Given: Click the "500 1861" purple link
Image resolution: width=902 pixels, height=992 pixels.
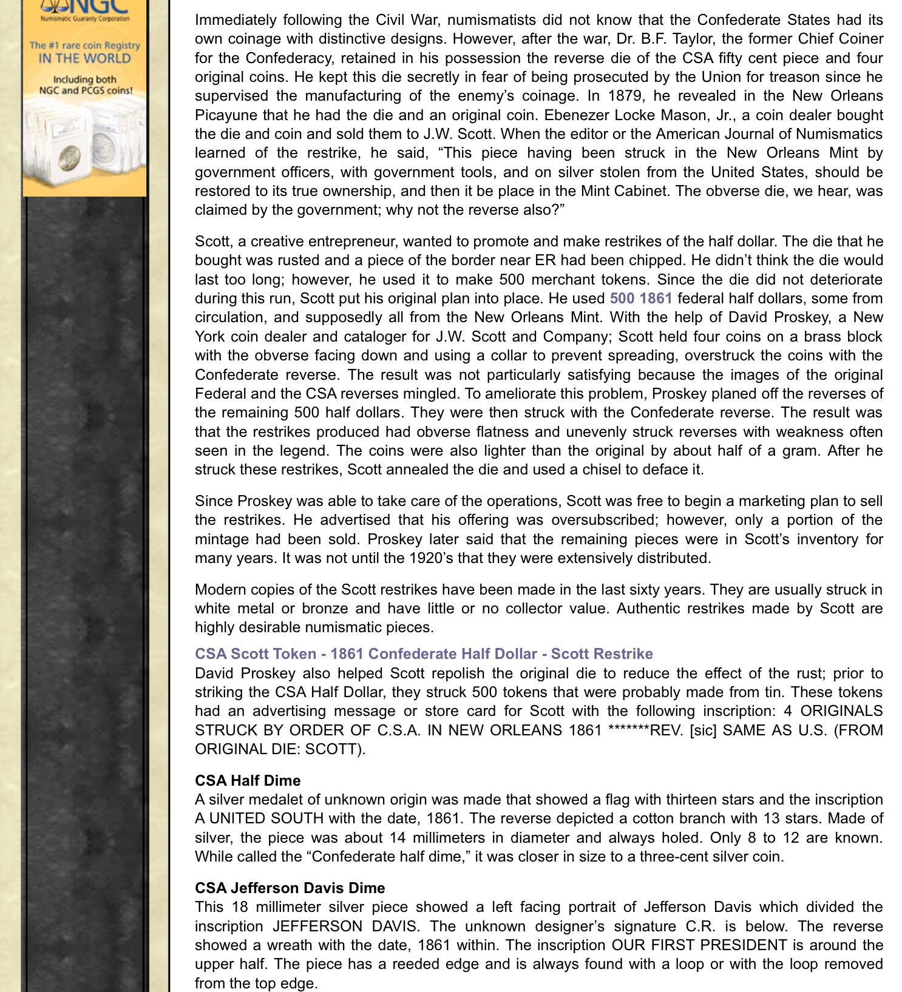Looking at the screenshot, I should tap(640, 299).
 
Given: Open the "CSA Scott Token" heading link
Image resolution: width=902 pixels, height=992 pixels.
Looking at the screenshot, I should tap(423, 653).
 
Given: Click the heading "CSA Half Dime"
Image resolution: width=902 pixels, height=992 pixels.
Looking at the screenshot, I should tap(247, 780).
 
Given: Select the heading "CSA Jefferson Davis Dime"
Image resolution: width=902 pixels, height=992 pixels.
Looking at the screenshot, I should tap(290, 888).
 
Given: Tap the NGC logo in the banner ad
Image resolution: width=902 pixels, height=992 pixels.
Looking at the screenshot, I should tap(85, 8).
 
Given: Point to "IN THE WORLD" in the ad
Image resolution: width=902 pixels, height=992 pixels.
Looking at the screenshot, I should tap(84, 59).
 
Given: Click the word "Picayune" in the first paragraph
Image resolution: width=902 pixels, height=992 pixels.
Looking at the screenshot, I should tap(225, 115).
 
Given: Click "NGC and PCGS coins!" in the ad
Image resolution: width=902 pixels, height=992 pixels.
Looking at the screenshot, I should tap(85, 91).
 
